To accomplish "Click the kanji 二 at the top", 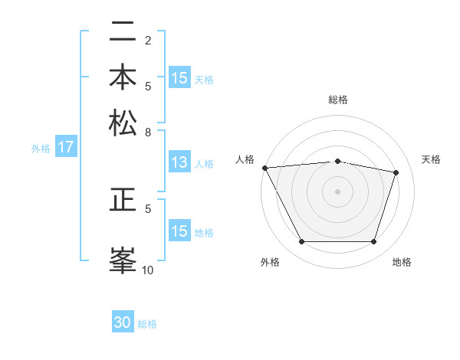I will click(123, 32).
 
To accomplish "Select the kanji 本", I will click(123, 77).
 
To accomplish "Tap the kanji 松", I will click(123, 123).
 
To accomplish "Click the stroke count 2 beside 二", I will click(147, 40).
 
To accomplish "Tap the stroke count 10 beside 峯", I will click(148, 270).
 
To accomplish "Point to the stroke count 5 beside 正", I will click(147, 207).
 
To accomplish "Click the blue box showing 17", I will click(66, 148).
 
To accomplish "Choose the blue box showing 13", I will click(179, 162).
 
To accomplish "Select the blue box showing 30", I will click(123, 322).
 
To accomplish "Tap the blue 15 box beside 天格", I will click(179, 78).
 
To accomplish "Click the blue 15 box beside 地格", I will click(179, 231).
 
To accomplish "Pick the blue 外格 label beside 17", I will click(41, 149).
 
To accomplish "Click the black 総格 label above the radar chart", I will click(338, 100).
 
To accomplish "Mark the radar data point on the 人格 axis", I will click(264, 168).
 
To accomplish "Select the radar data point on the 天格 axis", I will click(396, 172).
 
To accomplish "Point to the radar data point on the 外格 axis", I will click(301, 242).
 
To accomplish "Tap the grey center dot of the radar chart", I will click(338, 191).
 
